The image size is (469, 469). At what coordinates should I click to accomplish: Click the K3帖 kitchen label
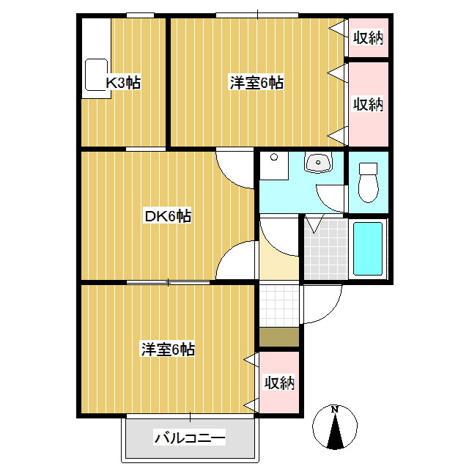point(123,83)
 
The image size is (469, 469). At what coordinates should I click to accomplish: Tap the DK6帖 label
point(168,216)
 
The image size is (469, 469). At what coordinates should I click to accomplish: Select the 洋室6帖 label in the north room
point(256,83)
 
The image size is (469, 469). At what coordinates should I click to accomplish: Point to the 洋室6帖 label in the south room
point(168,349)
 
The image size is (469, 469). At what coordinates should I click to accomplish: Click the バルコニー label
point(190,438)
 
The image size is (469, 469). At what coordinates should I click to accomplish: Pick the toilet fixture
point(368,182)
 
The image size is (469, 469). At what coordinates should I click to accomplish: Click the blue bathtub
point(368,248)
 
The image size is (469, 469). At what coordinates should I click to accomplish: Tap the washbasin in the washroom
point(318,162)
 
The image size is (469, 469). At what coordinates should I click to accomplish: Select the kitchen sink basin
point(96,75)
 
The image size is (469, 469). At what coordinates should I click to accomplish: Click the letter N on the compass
point(335,410)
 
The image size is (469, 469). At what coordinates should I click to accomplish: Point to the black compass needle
point(335,432)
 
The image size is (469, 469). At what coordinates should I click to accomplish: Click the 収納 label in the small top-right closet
point(368,37)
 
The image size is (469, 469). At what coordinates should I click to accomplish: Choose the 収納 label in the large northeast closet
point(368,104)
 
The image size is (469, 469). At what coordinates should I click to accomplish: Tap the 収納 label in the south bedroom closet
point(279,383)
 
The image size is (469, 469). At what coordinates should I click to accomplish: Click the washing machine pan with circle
point(274,166)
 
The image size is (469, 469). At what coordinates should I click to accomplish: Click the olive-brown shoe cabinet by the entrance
point(279,337)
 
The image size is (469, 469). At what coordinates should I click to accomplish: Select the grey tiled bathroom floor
point(326,249)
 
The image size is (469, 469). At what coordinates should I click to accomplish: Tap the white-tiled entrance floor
point(279,305)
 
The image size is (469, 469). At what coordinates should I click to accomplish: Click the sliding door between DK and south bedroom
point(168,282)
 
